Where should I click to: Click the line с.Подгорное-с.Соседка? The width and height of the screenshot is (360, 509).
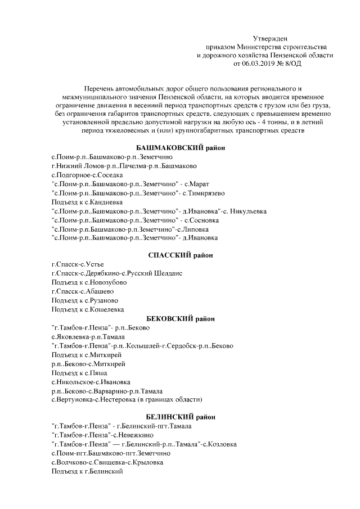coord(87,175)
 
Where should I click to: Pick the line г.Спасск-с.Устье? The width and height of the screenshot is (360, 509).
coord(78,264)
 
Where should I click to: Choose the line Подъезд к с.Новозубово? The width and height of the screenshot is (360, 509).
coord(89,282)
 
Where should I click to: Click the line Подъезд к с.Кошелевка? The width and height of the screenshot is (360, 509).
coord(88,309)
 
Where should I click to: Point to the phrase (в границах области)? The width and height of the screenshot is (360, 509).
coord(169,399)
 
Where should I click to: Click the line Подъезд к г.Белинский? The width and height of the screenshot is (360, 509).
coord(87,471)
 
